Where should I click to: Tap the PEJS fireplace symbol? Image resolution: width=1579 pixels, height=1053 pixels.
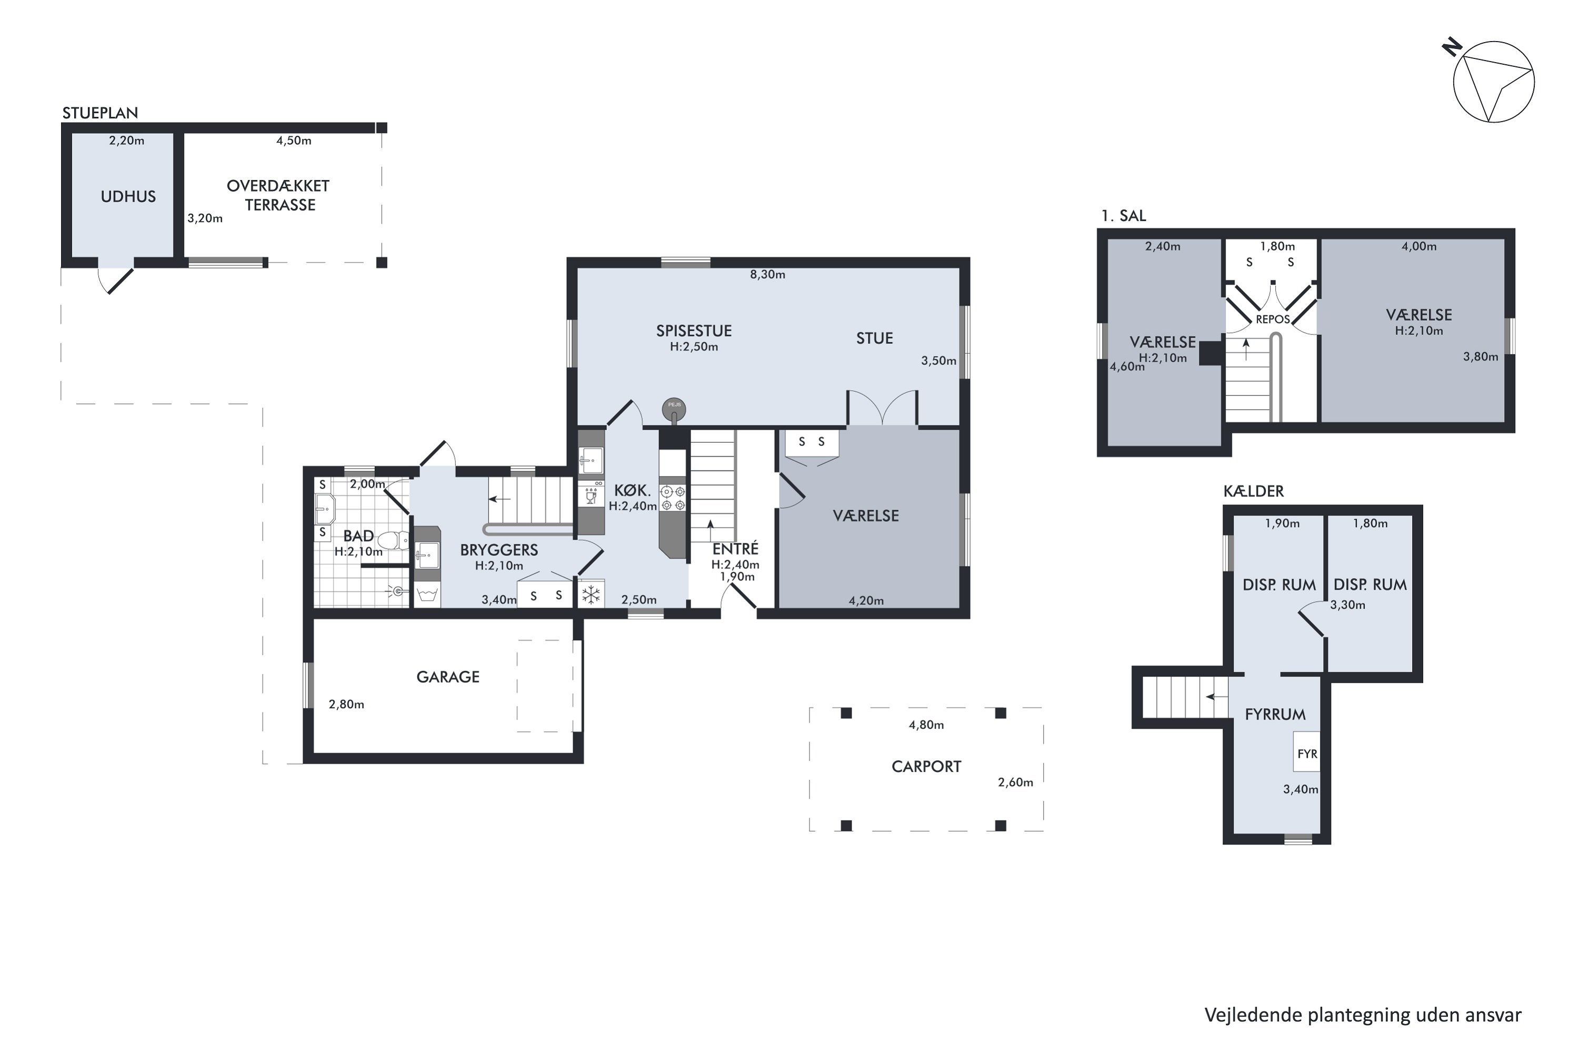click(x=674, y=409)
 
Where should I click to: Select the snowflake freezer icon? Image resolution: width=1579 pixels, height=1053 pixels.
click(x=591, y=594)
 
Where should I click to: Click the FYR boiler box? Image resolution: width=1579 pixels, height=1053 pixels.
click(x=1306, y=753)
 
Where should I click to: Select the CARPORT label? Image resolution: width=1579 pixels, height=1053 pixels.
click(x=926, y=766)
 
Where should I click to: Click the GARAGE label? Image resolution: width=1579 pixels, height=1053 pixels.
click(x=448, y=677)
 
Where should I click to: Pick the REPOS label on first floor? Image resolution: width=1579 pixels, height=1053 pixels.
click(x=1272, y=320)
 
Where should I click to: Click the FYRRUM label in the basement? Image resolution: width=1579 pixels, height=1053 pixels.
click(x=1275, y=714)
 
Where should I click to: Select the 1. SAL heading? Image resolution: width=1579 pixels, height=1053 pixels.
click(x=1124, y=215)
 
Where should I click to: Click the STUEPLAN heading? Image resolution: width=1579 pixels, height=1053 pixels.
click(x=100, y=113)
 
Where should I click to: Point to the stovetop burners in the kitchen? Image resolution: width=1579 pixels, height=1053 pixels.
click(x=673, y=498)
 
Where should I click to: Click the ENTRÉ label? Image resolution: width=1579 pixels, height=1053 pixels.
click(x=735, y=549)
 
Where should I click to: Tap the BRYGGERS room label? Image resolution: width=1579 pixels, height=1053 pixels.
click(x=499, y=550)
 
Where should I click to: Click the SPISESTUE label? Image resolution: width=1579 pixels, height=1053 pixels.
click(x=694, y=331)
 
